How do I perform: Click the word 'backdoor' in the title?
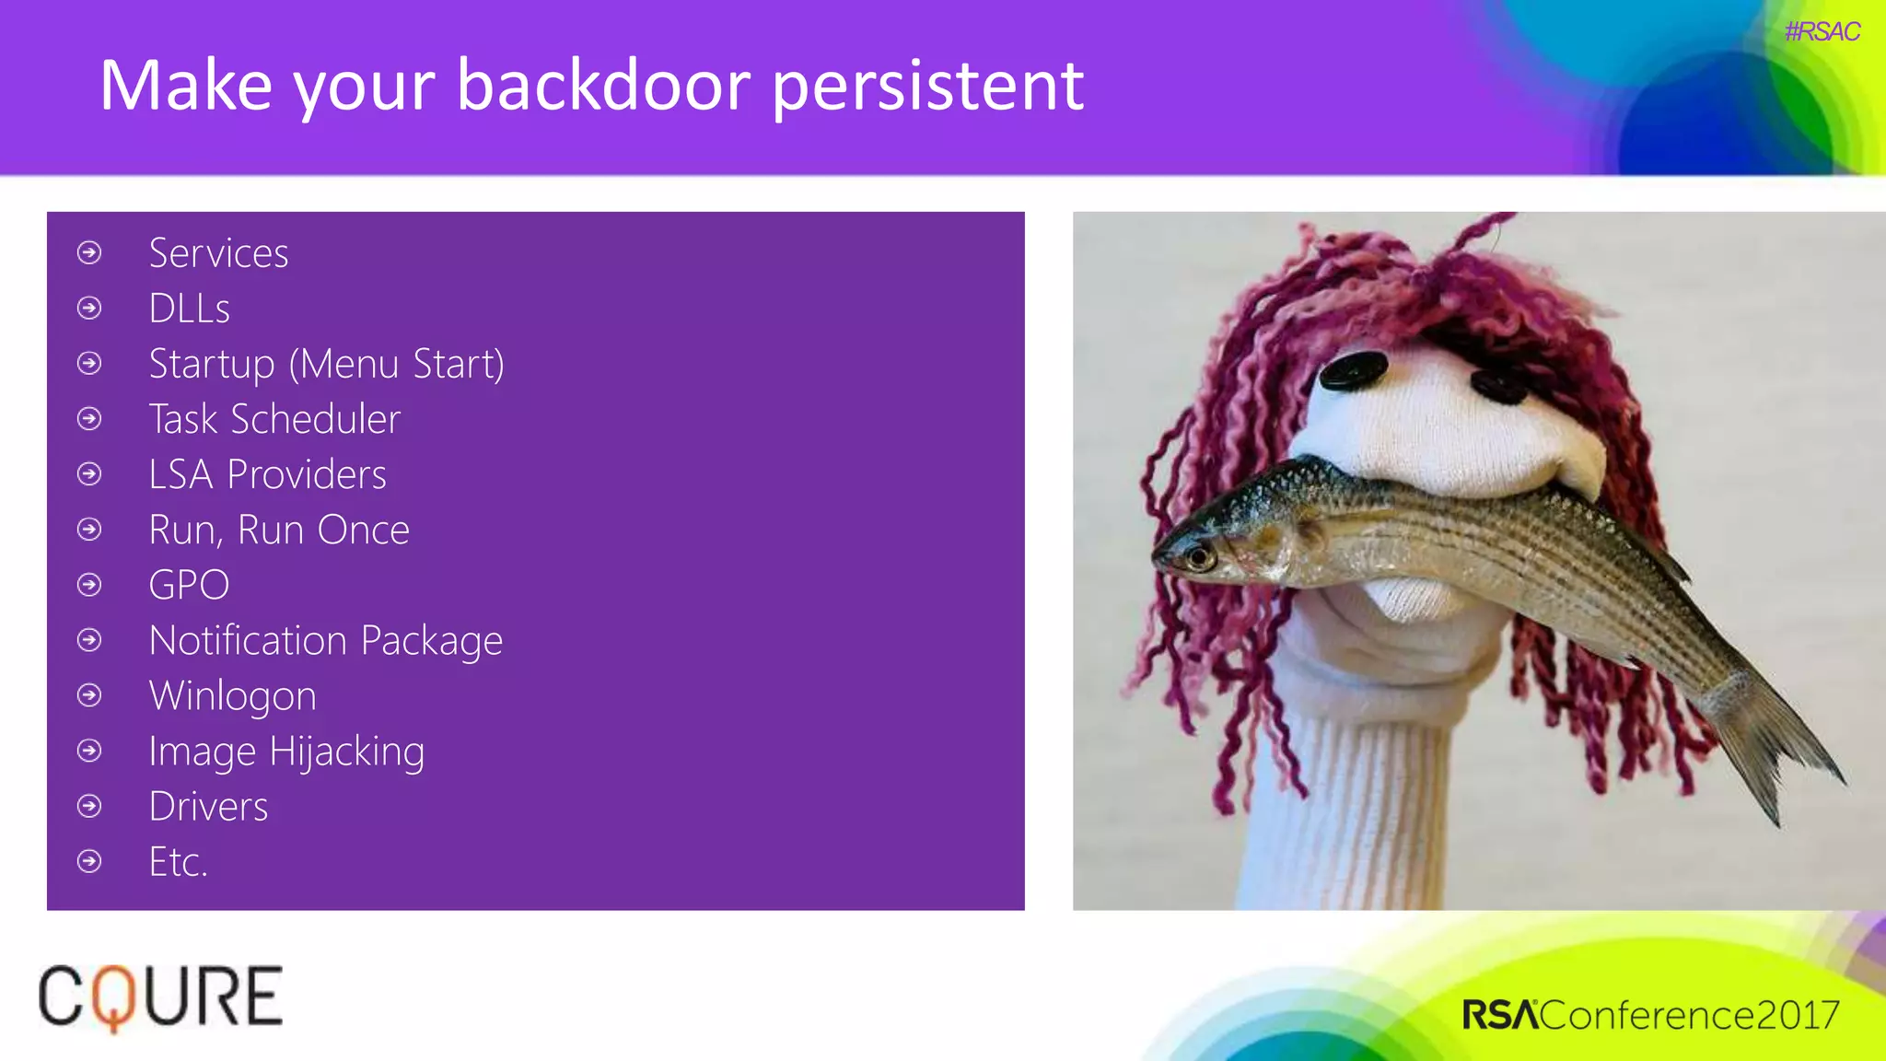click(x=604, y=86)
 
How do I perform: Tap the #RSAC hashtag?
click(x=1822, y=32)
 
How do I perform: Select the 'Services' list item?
click(x=218, y=253)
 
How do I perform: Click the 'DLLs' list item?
click(x=189, y=309)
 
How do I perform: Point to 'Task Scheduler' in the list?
click(x=274, y=419)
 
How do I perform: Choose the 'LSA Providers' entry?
click(x=267, y=474)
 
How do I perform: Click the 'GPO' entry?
click(x=189, y=585)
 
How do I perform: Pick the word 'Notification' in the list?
click(x=248, y=640)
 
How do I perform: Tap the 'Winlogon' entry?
click(x=232, y=696)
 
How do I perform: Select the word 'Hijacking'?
click(x=346, y=752)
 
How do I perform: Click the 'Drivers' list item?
click(x=208, y=807)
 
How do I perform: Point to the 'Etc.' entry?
click(x=178, y=862)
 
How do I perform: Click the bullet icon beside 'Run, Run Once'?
click(x=89, y=530)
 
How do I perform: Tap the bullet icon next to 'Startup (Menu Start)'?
click(x=89, y=364)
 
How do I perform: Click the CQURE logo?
click(x=160, y=997)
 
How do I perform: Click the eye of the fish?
click(x=1198, y=556)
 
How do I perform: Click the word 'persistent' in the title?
click(x=927, y=86)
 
